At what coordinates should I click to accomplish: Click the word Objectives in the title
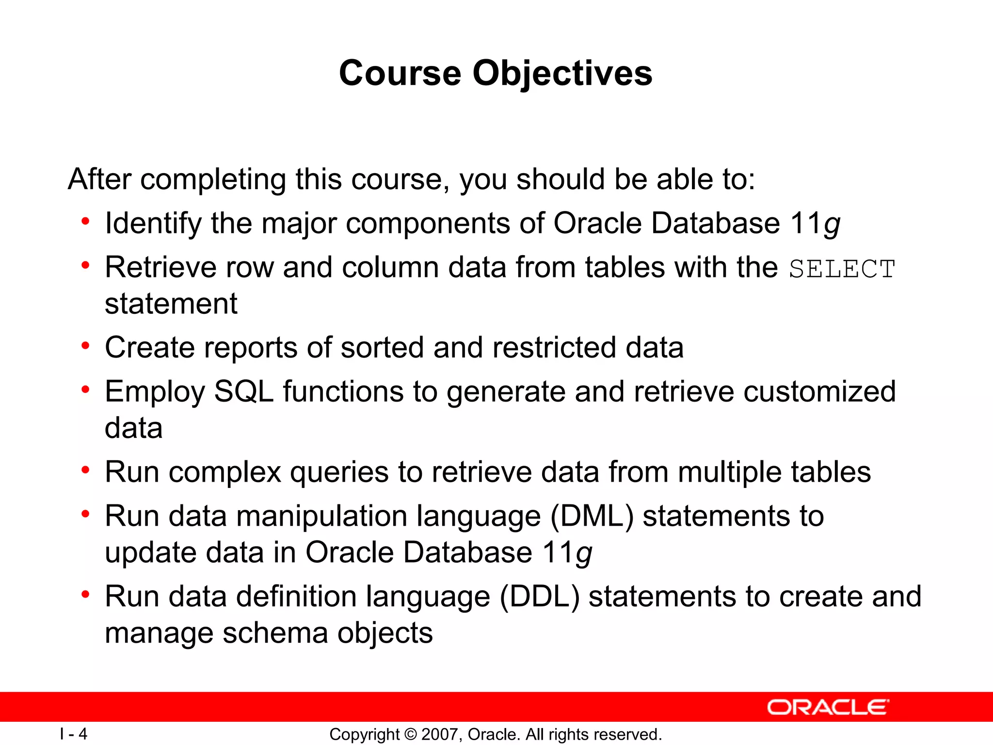click(x=562, y=74)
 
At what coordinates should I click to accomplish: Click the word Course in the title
click(x=400, y=74)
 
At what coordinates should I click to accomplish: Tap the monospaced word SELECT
click(x=842, y=269)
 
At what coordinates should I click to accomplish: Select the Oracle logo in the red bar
click(x=828, y=708)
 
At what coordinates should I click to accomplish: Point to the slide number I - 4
click(x=74, y=734)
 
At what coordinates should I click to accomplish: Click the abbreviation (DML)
click(x=592, y=516)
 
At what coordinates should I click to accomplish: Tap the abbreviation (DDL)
click(x=539, y=597)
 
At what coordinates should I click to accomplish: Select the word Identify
click(x=153, y=224)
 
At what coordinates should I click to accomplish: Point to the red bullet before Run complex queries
click(x=86, y=470)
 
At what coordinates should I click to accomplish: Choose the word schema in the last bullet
click(x=275, y=633)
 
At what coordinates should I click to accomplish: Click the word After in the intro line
click(x=99, y=179)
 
